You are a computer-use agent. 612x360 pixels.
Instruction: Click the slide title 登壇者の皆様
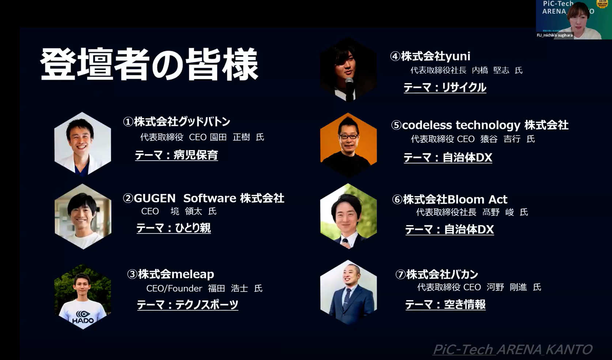coord(149,65)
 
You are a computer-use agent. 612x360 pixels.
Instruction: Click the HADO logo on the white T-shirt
coord(83,317)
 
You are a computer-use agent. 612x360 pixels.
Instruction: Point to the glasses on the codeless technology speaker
coord(348,136)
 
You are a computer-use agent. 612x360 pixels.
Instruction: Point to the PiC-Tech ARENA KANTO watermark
coord(512,349)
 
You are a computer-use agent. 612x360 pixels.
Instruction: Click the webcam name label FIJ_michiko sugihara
coord(555,35)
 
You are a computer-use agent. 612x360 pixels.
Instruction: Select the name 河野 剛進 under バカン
coord(507,287)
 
